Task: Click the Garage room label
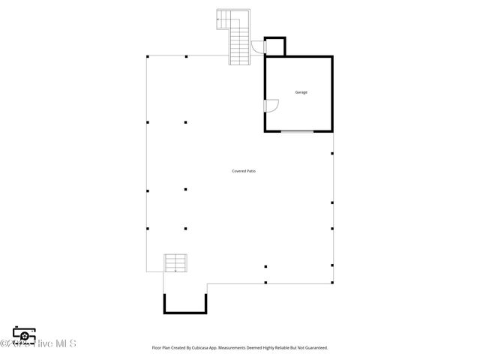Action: pos(301,92)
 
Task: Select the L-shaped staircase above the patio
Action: pos(235,37)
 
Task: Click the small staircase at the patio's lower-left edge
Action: pos(175,262)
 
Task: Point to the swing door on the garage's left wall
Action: pos(271,106)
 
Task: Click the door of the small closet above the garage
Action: pos(258,47)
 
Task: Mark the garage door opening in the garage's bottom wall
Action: pos(298,132)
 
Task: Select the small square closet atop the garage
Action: pos(274,46)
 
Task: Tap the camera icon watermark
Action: pos(24,334)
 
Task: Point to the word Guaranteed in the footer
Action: pos(314,348)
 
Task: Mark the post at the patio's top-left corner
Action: pos(148,56)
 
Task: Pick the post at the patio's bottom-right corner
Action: pos(332,283)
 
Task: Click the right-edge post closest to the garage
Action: pos(332,154)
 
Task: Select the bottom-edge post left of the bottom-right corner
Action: pos(265,283)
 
